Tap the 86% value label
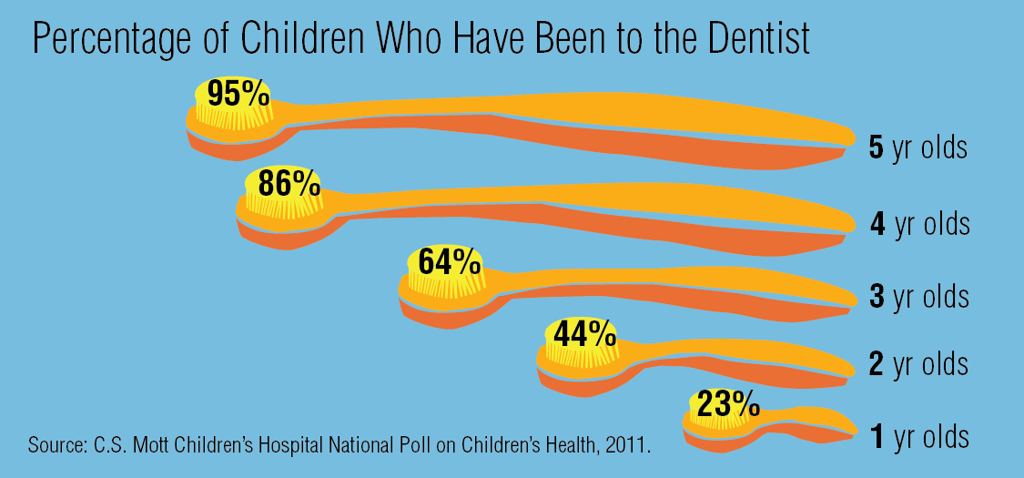pyautogui.click(x=289, y=183)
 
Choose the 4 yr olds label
pyautogui.click(x=919, y=223)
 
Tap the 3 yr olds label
pyautogui.click(x=919, y=296)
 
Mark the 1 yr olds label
pyautogui.click(x=919, y=437)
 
